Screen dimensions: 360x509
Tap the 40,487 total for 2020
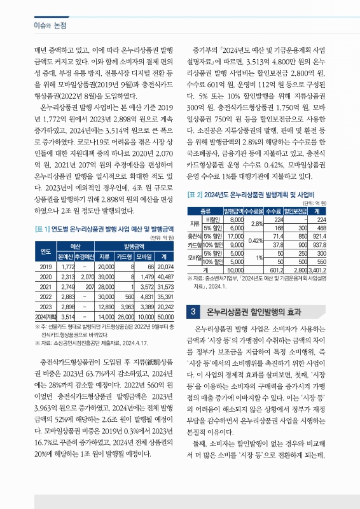(165, 277)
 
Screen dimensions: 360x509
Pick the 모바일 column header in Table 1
(144, 256)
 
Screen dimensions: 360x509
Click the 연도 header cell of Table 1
(45, 251)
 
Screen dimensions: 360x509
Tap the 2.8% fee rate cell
(256, 223)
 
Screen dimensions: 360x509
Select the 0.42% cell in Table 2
(256, 241)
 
